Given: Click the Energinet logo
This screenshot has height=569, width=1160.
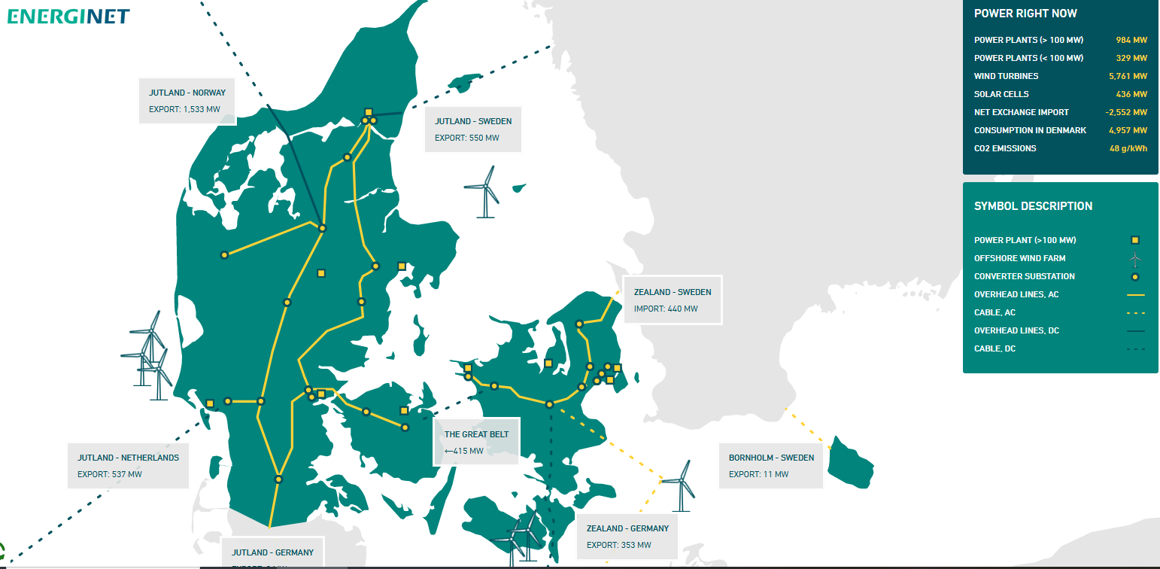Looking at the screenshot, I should click(68, 16).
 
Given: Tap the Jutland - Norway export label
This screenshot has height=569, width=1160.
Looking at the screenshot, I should click(187, 101).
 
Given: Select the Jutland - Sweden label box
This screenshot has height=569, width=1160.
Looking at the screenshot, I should click(472, 129).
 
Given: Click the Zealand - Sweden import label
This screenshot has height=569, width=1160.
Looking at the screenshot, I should click(672, 300).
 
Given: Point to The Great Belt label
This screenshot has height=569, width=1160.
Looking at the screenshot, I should click(476, 443).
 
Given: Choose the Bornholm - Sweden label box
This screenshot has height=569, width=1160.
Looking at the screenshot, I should click(770, 465).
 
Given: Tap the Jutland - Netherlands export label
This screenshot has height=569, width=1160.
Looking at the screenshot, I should click(128, 465).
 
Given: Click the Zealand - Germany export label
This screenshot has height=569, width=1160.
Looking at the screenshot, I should click(627, 536).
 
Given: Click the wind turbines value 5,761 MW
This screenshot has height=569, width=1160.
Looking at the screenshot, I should click(1128, 76).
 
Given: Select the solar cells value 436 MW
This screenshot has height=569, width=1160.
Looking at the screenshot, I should click(1131, 94).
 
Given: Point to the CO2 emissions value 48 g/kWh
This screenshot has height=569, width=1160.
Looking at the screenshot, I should click(1128, 148).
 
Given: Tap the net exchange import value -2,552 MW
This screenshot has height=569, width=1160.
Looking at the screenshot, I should click(1126, 112).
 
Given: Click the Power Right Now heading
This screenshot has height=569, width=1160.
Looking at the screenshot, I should click(1025, 14).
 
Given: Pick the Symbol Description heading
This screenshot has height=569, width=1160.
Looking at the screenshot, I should click(1033, 206).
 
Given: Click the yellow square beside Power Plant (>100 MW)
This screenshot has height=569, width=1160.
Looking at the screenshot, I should click(1135, 240).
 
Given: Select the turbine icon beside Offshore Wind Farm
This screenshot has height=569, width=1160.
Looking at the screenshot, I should click(1135, 259).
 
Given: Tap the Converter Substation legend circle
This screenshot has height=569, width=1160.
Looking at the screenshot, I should click(1135, 276).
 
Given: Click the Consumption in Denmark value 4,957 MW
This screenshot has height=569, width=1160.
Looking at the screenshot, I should click(1128, 130).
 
